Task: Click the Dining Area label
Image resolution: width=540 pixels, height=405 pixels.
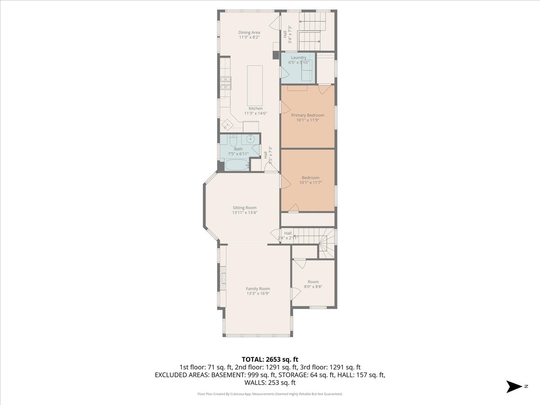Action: coord(249,32)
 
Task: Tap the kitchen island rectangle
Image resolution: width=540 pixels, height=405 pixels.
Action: coord(255,85)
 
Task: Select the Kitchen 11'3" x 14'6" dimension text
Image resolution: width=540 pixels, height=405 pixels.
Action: coord(256,113)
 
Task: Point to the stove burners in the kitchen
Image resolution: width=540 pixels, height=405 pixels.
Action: coord(54,83)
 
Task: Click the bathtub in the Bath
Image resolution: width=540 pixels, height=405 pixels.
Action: coord(237,165)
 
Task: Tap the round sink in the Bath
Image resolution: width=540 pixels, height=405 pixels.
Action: coord(251,139)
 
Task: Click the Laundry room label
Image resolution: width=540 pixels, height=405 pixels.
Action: coord(299,58)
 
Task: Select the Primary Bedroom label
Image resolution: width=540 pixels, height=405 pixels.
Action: coord(307,115)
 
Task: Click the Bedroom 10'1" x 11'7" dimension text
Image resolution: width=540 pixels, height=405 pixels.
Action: coord(310,183)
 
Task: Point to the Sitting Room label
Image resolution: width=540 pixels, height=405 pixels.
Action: coord(244,208)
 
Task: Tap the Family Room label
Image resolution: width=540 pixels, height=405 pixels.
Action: coord(258,289)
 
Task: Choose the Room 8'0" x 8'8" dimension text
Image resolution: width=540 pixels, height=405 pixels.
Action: coord(313,287)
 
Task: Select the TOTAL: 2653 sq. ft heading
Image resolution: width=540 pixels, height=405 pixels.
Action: coord(270,360)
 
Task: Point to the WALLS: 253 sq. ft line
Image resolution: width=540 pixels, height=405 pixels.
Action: coord(270,382)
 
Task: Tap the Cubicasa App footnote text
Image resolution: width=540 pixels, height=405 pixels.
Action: coord(270,394)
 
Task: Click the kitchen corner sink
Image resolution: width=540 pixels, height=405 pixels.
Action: coord(55,125)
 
